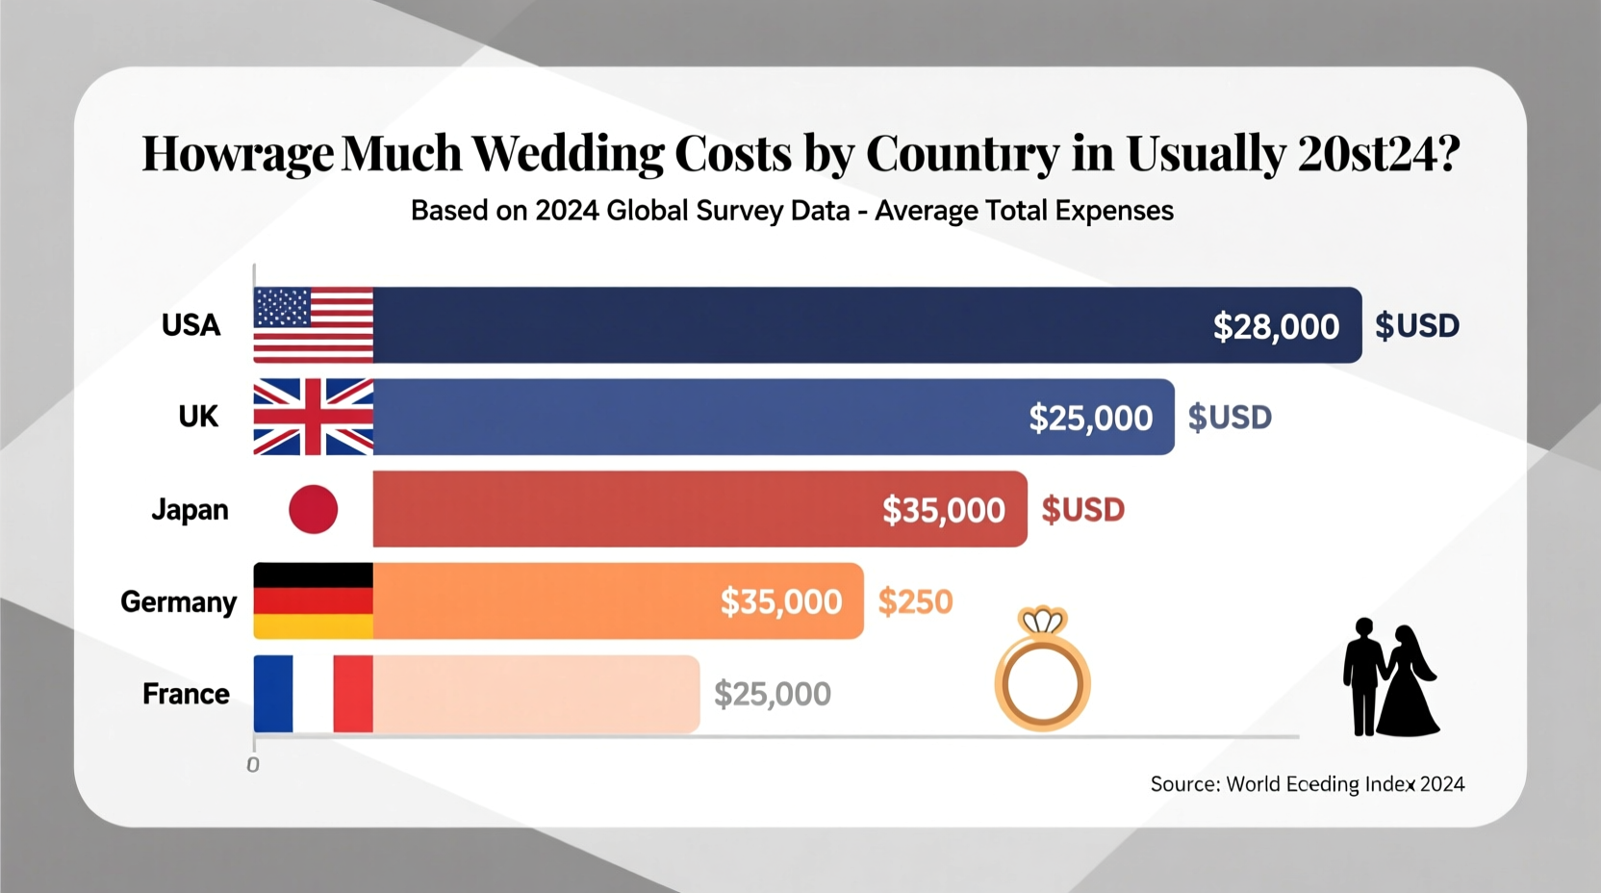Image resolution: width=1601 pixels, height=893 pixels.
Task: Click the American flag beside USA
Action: click(x=313, y=324)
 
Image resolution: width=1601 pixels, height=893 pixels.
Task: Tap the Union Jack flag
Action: click(x=313, y=417)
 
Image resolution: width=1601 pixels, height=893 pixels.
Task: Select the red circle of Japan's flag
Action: click(x=314, y=509)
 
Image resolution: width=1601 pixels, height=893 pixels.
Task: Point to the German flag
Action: click(x=313, y=600)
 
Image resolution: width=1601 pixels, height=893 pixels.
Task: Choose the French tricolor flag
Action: click(x=313, y=694)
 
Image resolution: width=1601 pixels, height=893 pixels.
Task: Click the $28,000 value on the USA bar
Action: click(x=1276, y=326)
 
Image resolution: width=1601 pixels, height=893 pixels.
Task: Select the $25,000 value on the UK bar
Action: click(x=1090, y=418)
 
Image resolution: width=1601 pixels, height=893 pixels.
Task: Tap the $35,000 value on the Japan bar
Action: click(x=943, y=510)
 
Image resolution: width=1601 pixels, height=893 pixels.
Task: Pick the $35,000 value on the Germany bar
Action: click(x=780, y=601)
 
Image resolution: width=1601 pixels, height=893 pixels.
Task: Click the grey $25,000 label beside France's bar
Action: click(x=772, y=694)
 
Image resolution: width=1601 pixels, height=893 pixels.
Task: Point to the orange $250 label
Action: click(x=915, y=601)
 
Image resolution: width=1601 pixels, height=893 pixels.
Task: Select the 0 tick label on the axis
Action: click(x=253, y=765)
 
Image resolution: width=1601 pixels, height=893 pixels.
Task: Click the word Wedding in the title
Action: click(x=568, y=153)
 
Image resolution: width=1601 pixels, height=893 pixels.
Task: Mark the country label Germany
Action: click(x=178, y=601)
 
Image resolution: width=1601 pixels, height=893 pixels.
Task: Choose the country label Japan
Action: click(x=190, y=509)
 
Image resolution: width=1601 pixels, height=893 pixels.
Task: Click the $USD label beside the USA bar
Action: click(x=1416, y=325)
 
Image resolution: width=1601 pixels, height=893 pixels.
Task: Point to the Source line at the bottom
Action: click(x=1307, y=784)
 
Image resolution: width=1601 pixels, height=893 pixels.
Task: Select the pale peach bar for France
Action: click(x=536, y=694)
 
